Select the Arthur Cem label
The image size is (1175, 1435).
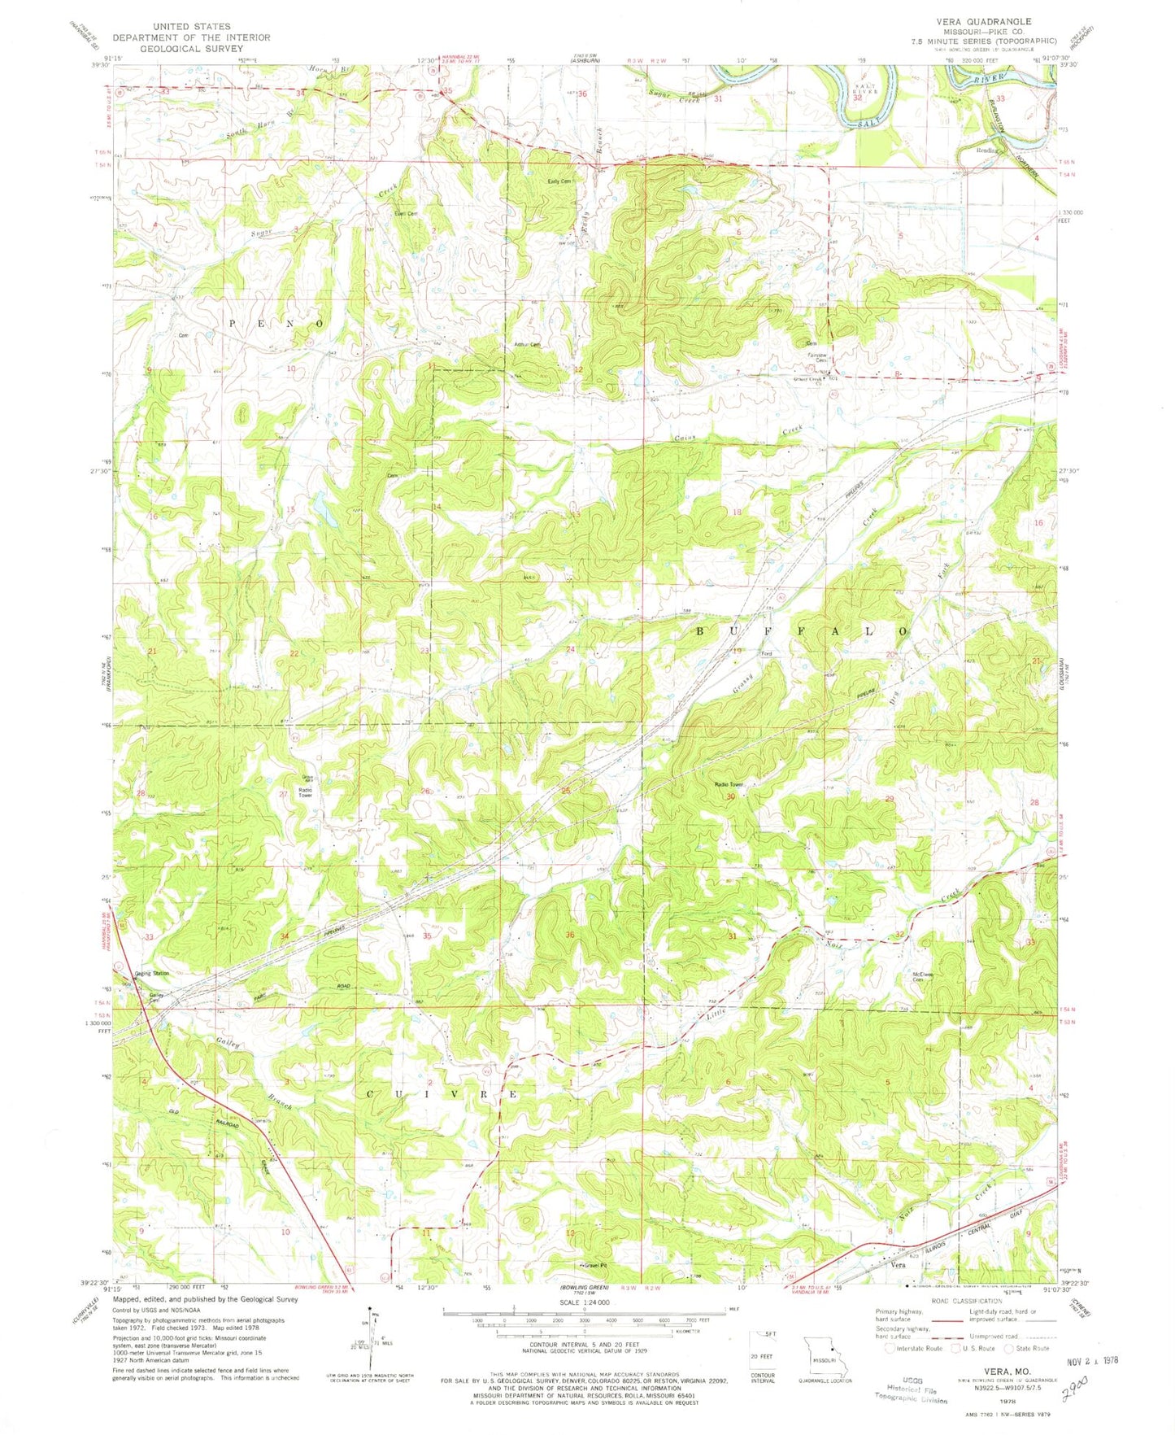527,344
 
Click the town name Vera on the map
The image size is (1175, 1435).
898,1265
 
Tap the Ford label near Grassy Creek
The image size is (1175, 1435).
765,653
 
